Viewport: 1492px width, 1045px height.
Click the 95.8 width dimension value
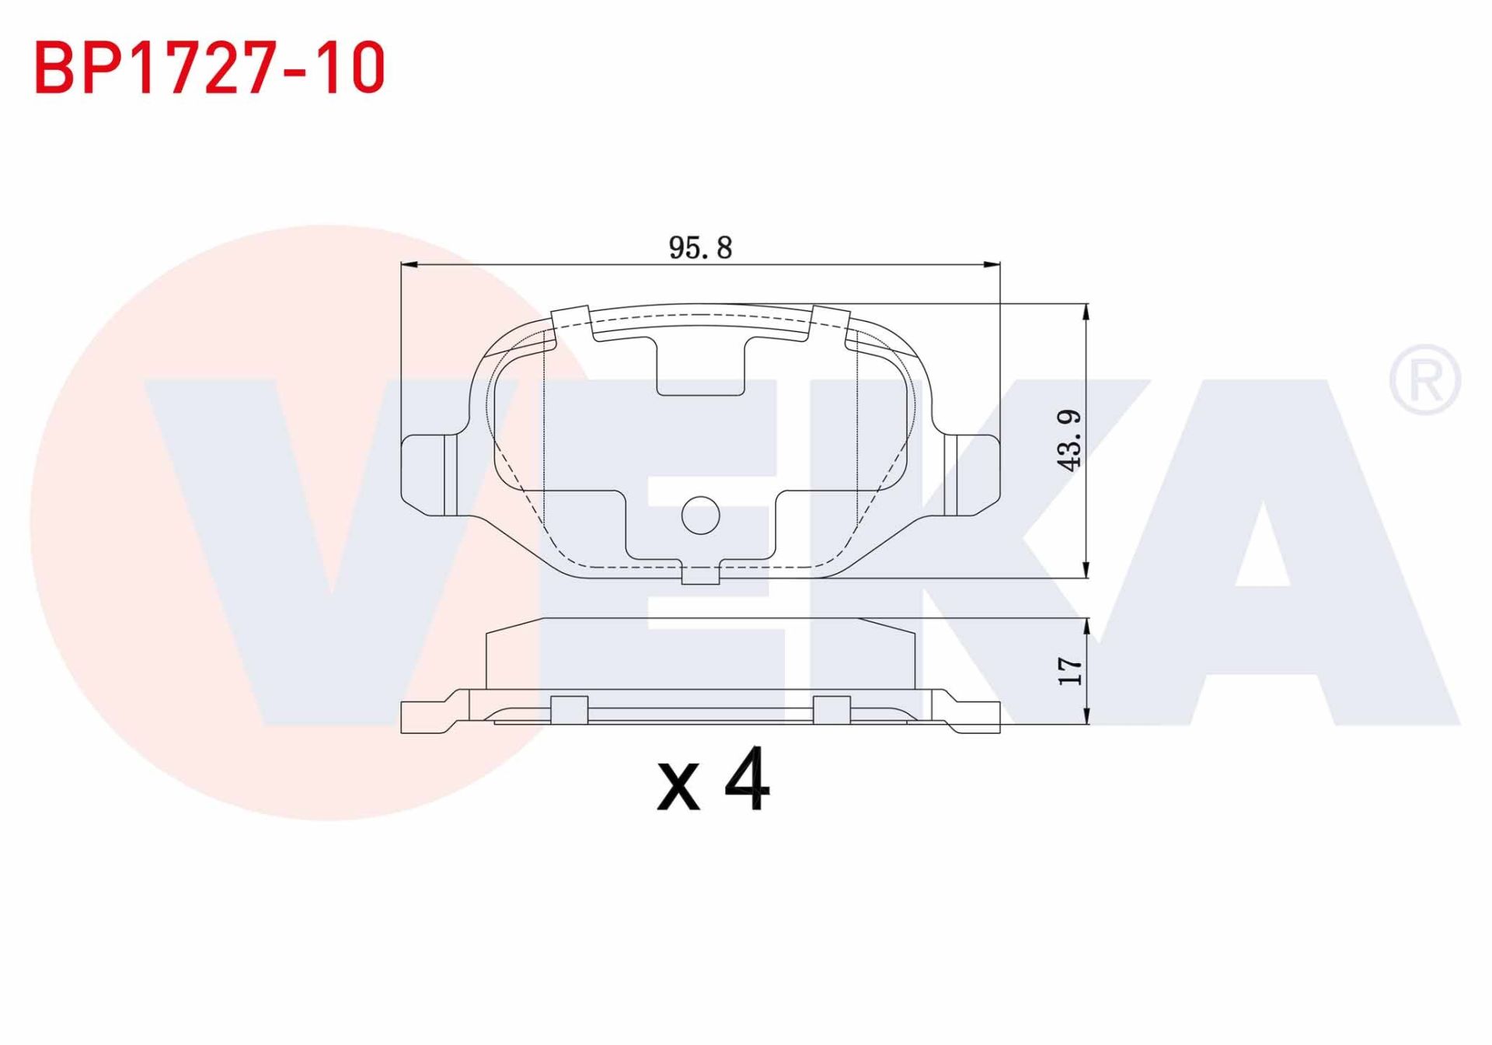coord(700,248)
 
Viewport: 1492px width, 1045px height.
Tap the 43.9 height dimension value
coord(1070,439)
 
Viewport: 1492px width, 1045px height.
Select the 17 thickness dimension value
coord(1070,671)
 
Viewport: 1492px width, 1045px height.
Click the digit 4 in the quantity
coord(747,780)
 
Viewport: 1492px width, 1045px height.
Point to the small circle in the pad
coord(700,515)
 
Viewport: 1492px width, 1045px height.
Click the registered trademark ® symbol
coord(1424,380)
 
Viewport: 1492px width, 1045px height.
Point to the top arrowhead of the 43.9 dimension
coord(1086,311)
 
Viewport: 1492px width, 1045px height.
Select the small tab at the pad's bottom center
coord(700,575)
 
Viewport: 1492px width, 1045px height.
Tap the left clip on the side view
coord(569,709)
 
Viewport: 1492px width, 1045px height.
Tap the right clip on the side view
coord(831,709)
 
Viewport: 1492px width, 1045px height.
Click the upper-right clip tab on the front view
coord(828,320)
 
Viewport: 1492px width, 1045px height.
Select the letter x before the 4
coord(678,787)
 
